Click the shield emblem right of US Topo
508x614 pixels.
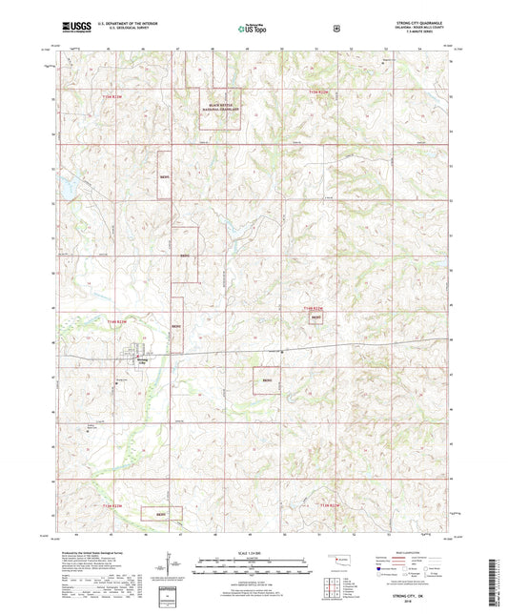337,29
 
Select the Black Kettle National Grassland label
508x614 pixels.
220,108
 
